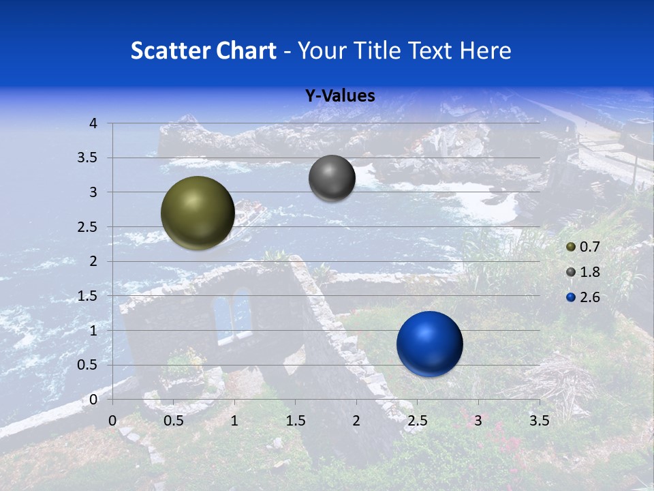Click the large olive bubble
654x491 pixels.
(x=198, y=213)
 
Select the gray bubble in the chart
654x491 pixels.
(x=332, y=178)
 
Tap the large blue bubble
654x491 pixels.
(x=429, y=344)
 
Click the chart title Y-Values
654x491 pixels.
(x=340, y=96)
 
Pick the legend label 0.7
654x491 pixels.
(x=589, y=247)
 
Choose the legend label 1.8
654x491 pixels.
(x=589, y=272)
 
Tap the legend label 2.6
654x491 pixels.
(x=589, y=297)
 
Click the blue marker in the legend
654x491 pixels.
(x=571, y=297)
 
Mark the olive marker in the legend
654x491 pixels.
(x=571, y=247)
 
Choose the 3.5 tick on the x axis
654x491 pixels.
(x=539, y=421)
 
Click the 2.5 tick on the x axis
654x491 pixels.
(x=417, y=421)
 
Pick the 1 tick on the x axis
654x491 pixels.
(x=234, y=421)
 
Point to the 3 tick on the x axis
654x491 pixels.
(x=478, y=421)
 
